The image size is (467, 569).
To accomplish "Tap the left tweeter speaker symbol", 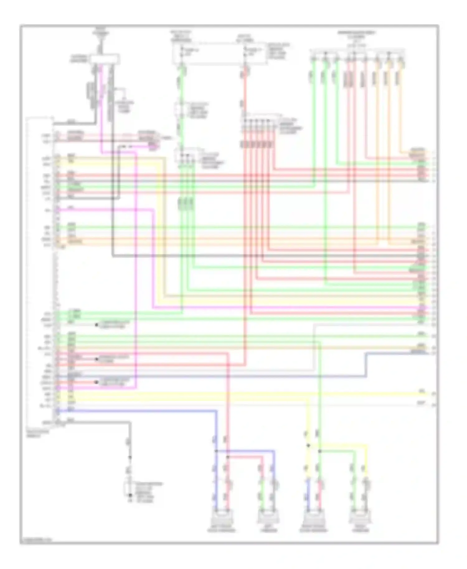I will pyautogui.click(x=268, y=517).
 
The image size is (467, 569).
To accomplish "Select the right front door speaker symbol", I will pyautogui.click(x=314, y=517).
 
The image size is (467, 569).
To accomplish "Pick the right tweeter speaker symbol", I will pyautogui.click(x=360, y=517).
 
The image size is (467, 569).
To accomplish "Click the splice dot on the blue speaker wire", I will pyautogui.click(x=216, y=451).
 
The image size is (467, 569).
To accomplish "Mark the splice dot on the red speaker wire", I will pyautogui.click(x=228, y=457).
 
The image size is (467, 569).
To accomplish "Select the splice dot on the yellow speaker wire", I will pyautogui.click(x=308, y=445).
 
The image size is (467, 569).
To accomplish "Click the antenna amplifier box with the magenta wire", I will pyautogui.click(x=104, y=59).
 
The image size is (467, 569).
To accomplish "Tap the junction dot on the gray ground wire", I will pyautogui.click(x=130, y=457).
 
